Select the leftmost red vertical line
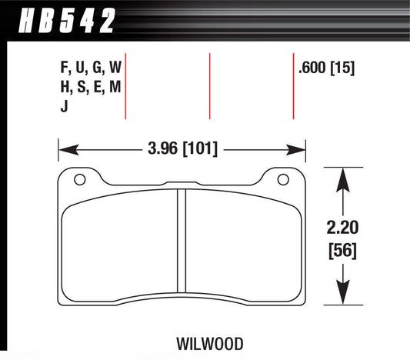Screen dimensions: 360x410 [x=125, y=86]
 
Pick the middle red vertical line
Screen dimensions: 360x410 [x=210, y=86]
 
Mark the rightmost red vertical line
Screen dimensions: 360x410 [x=294, y=86]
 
